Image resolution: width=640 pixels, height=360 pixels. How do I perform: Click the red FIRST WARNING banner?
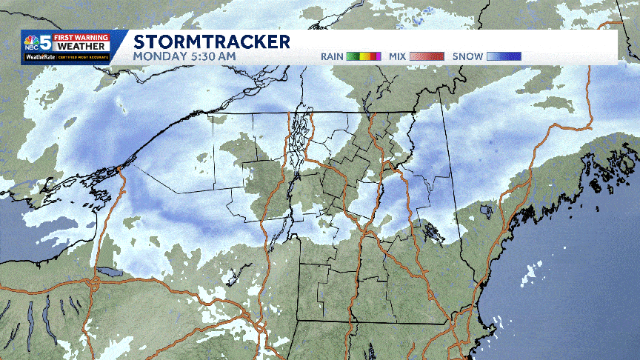pos(87,37)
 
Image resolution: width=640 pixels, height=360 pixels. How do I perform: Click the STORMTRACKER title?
pos(212,41)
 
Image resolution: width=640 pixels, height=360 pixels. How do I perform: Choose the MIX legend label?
pos(399,56)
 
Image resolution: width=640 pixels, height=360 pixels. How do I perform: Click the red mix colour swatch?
pos(427,56)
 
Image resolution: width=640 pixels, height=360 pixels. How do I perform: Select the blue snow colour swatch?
pos(504,56)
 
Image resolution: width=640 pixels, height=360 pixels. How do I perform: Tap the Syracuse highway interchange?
pos(94,284)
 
